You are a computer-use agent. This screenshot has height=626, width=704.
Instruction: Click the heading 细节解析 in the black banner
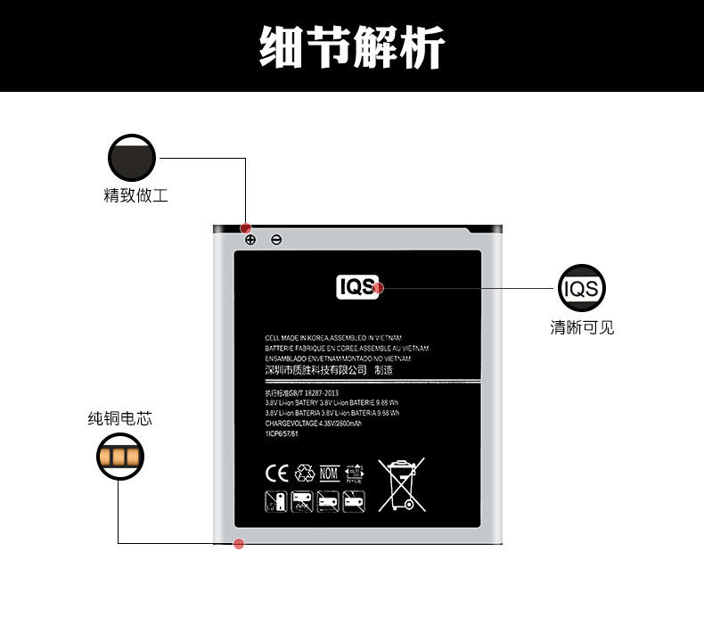click(x=351, y=46)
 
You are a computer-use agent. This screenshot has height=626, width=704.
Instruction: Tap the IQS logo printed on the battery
click(x=357, y=287)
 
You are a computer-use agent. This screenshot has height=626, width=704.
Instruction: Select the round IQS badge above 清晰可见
click(x=582, y=288)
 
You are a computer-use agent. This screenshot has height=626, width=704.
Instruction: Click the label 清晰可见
click(x=582, y=328)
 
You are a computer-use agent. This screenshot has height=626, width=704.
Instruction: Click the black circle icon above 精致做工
click(x=132, y=159)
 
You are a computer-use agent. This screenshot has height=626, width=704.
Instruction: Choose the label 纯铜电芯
click(x=119, y=417)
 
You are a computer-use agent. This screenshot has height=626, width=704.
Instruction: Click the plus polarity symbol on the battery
click(x=250, y=240)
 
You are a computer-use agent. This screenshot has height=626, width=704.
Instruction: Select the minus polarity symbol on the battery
click(x=276, y=240)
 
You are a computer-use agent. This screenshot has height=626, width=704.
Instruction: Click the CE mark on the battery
click(x=276, y=473)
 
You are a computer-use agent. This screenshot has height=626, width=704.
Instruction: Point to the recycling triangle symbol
click(x=305, y=473)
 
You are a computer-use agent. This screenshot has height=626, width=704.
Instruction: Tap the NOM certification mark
click(x=330, y=473)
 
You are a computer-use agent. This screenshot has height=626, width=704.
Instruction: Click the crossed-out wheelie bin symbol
click(x=400, y=484)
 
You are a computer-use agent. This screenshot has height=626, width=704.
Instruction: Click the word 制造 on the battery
click(x=383, y=370)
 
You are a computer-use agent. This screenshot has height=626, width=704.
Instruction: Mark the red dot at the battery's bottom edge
click(x=239, y=544)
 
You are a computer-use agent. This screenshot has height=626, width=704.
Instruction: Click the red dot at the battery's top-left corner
click(x=247, y=228)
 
